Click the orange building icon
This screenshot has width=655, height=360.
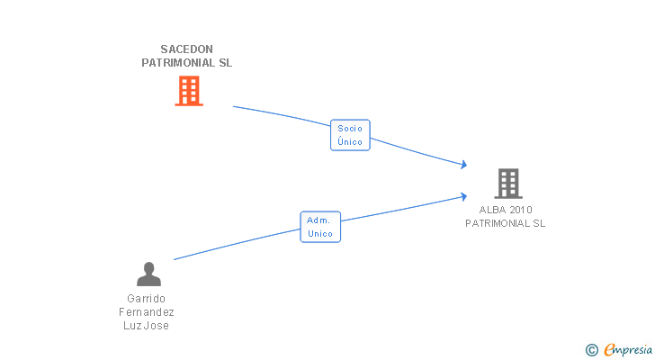coord(189,91)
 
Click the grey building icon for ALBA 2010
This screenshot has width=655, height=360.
coord(508,184)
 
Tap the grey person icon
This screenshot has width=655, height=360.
coord(148,274)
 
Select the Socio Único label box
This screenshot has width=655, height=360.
coord(350,135)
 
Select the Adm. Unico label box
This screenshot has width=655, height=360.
coord(320,227)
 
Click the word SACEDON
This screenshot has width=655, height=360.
coord(187,49)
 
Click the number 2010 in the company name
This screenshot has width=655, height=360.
coord(521,210)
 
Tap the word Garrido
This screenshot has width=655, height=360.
coord(146,299)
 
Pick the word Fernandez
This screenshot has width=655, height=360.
coord(146,312)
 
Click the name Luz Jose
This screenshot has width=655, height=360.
coord(146,325)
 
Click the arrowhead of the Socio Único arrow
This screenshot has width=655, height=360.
coord(463,164)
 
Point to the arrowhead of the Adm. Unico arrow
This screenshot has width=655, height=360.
coord(463,196)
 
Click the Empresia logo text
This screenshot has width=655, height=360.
coord(628,350)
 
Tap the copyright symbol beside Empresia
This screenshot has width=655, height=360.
coord(592,350)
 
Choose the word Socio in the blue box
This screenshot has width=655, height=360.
coord(350,128)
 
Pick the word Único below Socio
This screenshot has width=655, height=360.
coord(350,141)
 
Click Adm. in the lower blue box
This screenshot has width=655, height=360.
coord(319,220)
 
